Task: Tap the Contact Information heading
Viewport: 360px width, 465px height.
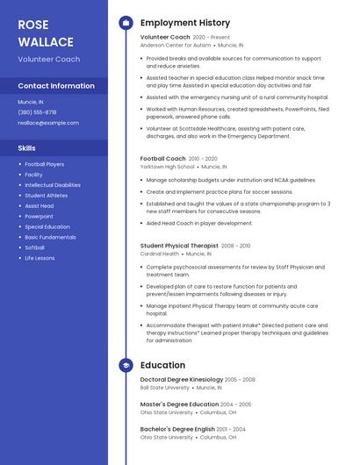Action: [56, 86]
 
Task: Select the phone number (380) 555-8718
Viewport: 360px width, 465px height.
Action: [37, 112]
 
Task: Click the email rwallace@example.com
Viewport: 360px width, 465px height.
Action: [48, 123]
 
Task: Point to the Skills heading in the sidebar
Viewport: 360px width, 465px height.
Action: [26, 148]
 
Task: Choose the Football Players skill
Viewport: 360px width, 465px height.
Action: [44, 164]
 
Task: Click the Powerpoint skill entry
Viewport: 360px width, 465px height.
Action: [39, 216]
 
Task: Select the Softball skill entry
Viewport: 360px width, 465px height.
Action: [34, 247]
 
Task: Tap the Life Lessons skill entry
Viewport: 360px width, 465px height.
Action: [40, 258]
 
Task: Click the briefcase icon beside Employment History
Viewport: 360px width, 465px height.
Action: [126, 22]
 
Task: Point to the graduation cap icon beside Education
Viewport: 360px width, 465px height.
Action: [126, 365]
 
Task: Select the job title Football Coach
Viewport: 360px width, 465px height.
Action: [162, 158]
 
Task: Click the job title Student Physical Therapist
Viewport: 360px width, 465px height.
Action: [179, 246]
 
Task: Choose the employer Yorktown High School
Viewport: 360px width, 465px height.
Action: [167, 166]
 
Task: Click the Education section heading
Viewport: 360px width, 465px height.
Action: [162, 365]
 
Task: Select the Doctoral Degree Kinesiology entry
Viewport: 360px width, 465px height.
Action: [181, 379]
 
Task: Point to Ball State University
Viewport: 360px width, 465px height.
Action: [164, 387]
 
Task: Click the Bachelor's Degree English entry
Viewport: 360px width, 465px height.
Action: [178, 429]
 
